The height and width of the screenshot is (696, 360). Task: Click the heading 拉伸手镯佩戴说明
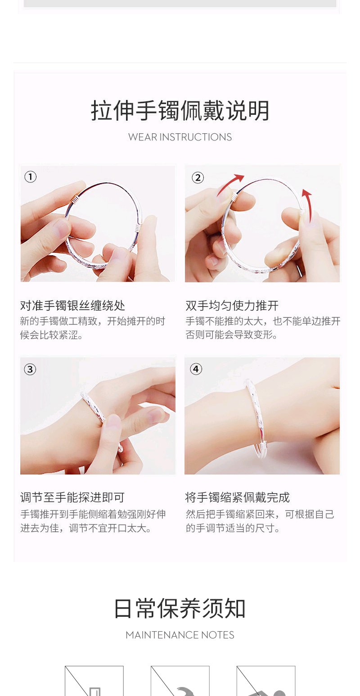tap(180, 111)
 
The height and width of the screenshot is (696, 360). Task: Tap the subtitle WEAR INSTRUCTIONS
tap(180, 137)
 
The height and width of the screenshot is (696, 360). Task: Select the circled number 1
tap(31, 177)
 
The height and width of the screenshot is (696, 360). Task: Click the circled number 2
tap(198, 178)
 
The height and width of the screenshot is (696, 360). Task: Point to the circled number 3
tap(30, 370)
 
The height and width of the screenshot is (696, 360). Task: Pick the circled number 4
tap(196, 369)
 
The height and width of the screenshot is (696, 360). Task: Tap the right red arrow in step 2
tap(307, 205)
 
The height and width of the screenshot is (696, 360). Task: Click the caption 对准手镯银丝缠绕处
tap(73, 306)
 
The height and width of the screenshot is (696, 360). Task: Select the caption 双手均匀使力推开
tap(232, 306)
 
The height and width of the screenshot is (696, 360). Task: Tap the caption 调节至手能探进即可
tap(72, 497)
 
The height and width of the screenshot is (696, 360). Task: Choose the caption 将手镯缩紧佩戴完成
tap(237, 497)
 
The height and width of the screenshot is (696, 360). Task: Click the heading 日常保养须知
tap(180, 608)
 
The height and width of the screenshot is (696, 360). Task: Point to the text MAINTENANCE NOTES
tap(180, 635)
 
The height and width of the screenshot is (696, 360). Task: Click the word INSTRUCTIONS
tap(195, 137)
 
